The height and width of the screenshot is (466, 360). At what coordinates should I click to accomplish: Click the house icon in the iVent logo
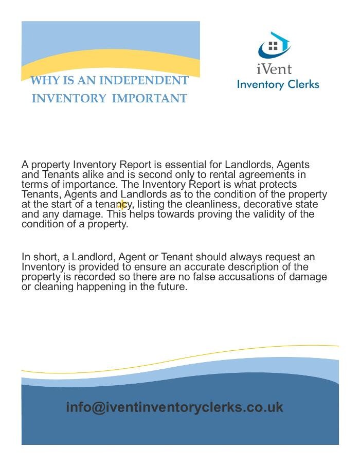(274, 46)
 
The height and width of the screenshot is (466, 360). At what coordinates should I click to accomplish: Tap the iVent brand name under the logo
(274, 68)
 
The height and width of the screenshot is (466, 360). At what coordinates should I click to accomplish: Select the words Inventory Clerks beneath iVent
(278, 84)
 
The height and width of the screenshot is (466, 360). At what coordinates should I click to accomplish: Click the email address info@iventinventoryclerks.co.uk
(174, 407)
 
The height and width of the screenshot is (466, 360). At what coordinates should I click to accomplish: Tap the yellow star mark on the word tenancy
(122, 205)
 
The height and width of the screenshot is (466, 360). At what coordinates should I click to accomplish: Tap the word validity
(274, 214)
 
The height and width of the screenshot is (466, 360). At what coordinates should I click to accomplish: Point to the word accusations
(242, 277)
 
